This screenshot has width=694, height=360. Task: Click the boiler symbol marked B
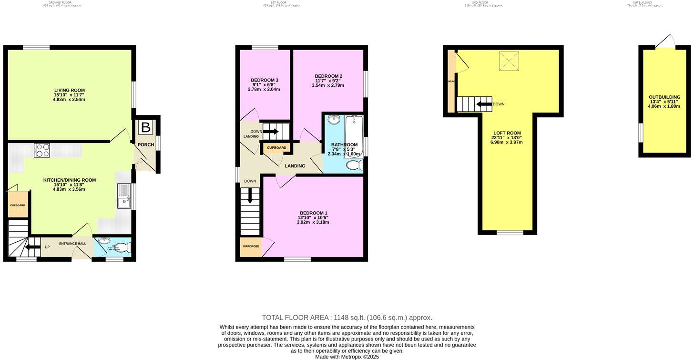pyautogui.click(x=146, y=127)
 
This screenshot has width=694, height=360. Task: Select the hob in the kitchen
pyautogui.click(x=42, y=150)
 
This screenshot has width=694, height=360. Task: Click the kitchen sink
pyautogui.click(x=123, y=196)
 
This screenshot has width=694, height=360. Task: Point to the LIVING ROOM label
pyautogui.click(x=69, y=90)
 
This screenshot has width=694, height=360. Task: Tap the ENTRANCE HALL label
pyautogui.click(x=72, y=244)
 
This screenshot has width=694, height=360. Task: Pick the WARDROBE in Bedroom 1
pyautogui.click(x=251, y=247)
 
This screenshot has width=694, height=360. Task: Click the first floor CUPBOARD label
pyautogui.click(x=276, y=148)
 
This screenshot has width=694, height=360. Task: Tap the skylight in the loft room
pyautogui.click(x=509, y=61)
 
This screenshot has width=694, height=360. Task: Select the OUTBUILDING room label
pyautogui.click(x=664, y=97)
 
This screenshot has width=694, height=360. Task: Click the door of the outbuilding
pyautogui.click(x=665, y=42)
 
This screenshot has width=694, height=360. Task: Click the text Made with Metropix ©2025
pyautogui.click(x=347, y=357)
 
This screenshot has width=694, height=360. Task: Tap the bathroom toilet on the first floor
pyautogui.click(x=354, y=165)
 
